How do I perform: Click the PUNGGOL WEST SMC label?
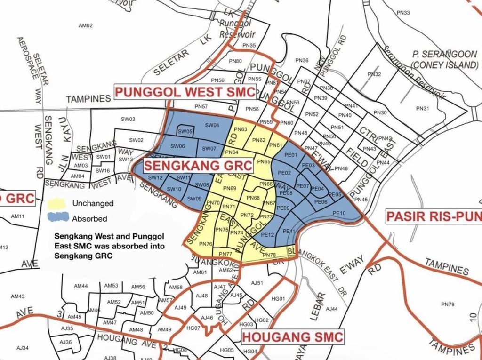click(185, 92)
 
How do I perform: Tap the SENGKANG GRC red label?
click(198, 166)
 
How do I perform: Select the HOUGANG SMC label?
click(292, 337)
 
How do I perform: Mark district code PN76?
click(206, 244)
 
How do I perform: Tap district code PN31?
click(423, 109)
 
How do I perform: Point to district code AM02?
click(86, 25)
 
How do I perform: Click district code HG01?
click(279, 299)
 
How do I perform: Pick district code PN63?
click(241, 129)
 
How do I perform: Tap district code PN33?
click(403, 13)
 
